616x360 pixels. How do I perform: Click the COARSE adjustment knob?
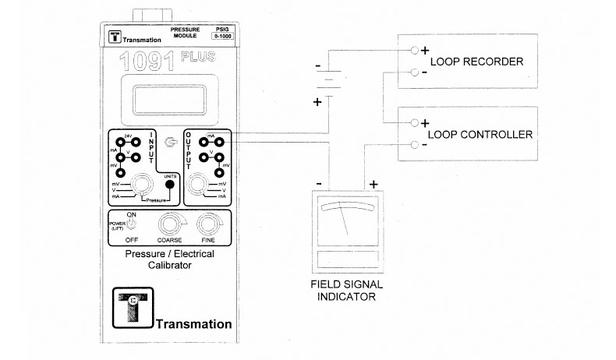coord(168,226)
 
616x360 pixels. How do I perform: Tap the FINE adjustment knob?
coord(207,226)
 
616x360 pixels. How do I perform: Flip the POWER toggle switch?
coord(131,225)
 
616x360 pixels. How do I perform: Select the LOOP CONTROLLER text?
coord(481,134)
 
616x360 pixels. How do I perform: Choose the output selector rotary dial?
coord(199,185)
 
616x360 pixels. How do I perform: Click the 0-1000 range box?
coord(221,36)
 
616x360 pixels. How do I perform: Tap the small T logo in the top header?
coord(114,37)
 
